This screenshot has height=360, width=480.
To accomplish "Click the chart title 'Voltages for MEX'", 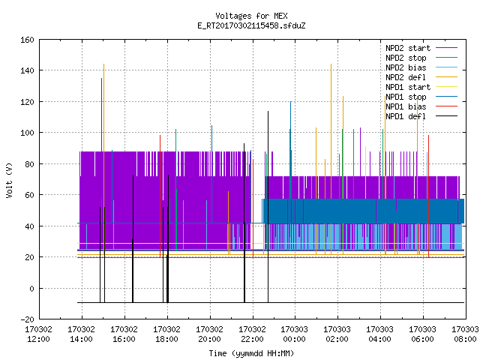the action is point(251,16).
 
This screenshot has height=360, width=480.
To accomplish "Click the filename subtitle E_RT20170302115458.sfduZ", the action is point(251,25).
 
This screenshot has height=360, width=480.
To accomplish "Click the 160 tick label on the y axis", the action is point(27,40).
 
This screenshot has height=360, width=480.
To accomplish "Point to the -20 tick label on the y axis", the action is point(27,319).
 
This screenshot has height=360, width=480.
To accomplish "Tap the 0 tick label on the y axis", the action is point(31,288).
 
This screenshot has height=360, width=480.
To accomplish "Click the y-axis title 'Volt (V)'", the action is point(9,180).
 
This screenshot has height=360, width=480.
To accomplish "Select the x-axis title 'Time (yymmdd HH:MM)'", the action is point(251,353).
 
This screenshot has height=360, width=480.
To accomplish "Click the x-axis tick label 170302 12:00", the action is point(38,334).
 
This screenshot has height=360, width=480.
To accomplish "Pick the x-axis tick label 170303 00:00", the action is point(295,334).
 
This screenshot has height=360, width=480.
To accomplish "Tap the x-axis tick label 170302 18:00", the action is point(166,334).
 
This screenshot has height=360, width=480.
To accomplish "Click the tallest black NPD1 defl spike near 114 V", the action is point(268,207).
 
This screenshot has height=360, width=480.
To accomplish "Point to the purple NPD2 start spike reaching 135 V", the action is point(102,115).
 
